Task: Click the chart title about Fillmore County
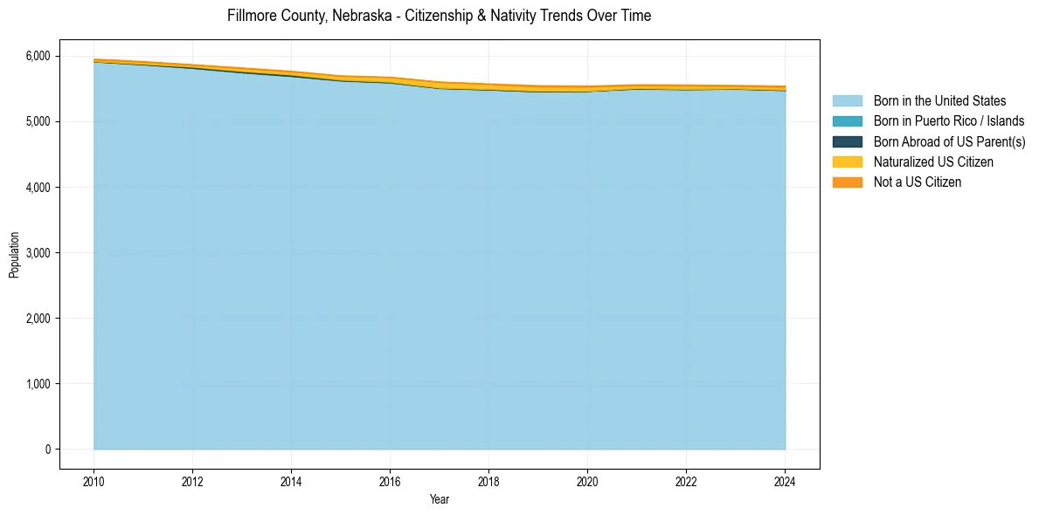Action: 439,16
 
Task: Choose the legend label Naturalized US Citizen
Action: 933,161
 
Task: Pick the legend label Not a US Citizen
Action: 918,182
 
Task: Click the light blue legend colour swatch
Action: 847,101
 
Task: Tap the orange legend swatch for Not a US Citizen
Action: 847,182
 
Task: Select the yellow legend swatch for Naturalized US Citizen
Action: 847,161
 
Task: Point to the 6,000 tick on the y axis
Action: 38,56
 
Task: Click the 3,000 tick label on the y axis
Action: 38,252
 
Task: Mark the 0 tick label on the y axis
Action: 47,449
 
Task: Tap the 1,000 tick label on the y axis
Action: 38,383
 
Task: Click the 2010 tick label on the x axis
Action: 94,481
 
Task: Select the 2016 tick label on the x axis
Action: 390,481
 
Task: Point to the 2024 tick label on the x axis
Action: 785,481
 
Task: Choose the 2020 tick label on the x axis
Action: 587,481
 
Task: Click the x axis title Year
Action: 440,499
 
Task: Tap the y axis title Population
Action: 14,254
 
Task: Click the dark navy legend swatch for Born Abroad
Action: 847,141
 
